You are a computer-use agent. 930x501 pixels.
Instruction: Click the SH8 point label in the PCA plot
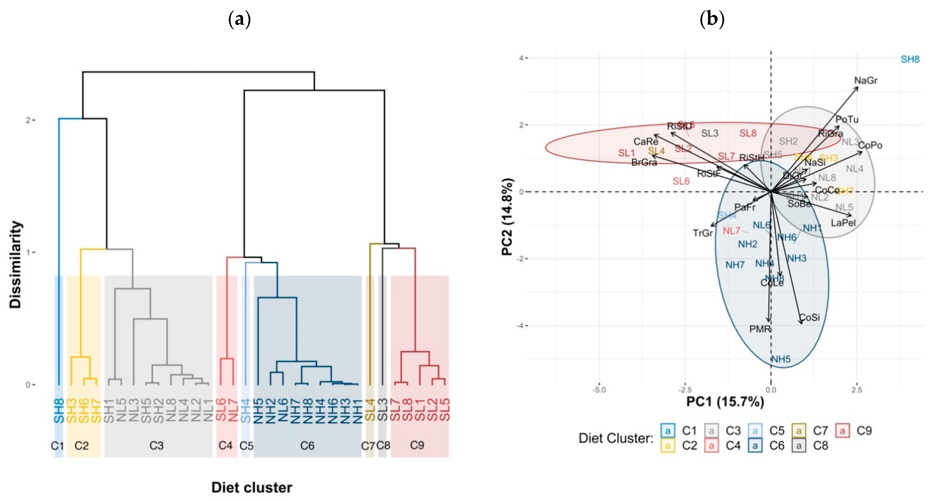(x=910, y=59)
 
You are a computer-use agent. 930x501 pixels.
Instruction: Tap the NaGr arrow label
(x=866, y=80)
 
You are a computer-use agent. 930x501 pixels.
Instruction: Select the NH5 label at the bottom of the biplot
(x=781, y=359)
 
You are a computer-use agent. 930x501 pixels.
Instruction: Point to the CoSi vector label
(x=810, y=318)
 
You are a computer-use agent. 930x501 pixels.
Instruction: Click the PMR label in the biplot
(x=760, y=329)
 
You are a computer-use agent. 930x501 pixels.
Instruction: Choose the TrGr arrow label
(x=703, y=233)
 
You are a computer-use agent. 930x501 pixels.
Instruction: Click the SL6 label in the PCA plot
(x=681, y=181)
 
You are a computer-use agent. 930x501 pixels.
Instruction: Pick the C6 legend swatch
(x=755, y=446)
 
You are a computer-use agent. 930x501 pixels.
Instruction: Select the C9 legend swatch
(x=842, y=431)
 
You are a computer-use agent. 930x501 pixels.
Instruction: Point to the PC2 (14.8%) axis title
(x=507, y=217)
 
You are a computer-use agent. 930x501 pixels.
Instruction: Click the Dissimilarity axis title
(x=15, y=264)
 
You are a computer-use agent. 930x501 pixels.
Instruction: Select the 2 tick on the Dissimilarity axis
(x=28, y=120)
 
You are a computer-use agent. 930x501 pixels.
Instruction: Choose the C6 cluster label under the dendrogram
(x=307, y=446)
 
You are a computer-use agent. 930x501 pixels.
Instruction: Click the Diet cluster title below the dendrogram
(x=252, y=488)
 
